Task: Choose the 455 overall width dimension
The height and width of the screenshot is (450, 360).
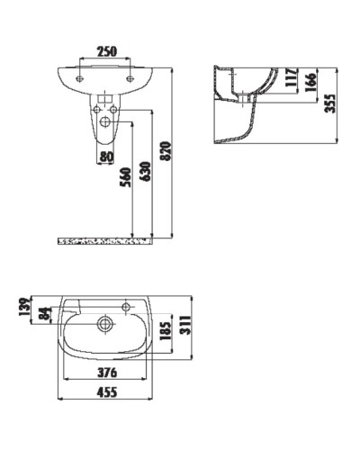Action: [x=106, y=391]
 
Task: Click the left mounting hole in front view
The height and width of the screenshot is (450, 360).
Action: [x=81, y=80]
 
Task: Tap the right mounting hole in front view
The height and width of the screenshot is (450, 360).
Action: [x=131, y=80]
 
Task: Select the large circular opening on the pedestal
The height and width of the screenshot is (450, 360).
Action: [x=106, y=121]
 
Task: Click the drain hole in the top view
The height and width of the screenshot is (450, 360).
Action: [x=106, y=320]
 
